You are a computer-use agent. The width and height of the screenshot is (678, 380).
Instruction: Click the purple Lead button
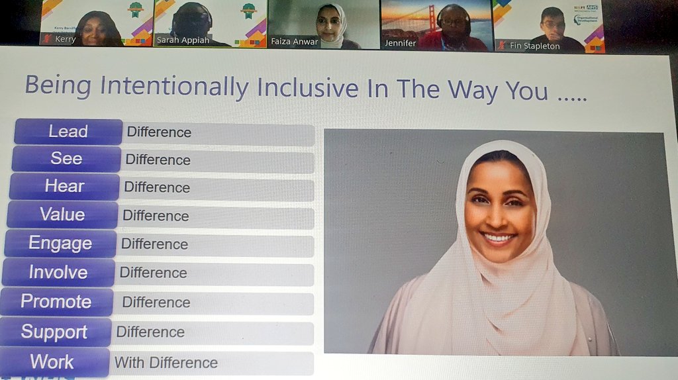pyautogui.click(x=68, y=132)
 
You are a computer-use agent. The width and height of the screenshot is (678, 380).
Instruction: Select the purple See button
pyautogui.click(x=66, y=159)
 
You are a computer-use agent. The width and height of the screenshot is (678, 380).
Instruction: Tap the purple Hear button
pyautogui.click(x=64, y=187)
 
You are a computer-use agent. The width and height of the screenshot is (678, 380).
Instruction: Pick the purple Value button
pyautogui.click(x=62, y=214)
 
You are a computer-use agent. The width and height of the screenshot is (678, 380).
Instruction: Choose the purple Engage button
pyautogui.click(x=61, y=244)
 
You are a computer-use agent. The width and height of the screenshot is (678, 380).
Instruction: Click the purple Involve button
pyautogui.click(x=58, y=272)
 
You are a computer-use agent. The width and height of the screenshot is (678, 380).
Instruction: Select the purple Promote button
pyautogui.click(x=56, y=302)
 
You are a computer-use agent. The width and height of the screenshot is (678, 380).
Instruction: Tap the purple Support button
pyautogui.click(x=54, y=332)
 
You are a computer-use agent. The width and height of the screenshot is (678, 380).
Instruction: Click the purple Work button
pyautogui.click(x=52, y=362)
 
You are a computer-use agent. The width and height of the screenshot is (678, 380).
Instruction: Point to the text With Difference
pyautogui.click(x=166, y=363)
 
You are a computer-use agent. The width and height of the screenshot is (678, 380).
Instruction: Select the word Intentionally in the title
pyautogui.click(x=175, y=87)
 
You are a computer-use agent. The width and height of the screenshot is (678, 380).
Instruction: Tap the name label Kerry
pyautogui.click(x=65, y=40)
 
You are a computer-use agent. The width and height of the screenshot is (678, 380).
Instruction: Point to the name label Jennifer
pyautogui.click(x=400, y=42)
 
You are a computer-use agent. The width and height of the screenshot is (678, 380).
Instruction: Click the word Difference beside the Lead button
pyautogui.click(x=159, y=132)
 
